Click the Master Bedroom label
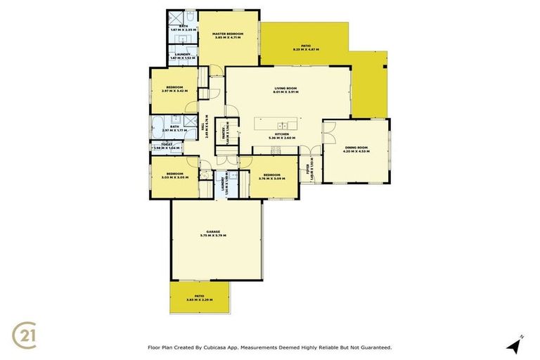click(x=229, y=34)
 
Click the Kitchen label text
click(x=281, y=134)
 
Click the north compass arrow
click(x=515, y=345)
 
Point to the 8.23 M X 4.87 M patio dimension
click(x=306, y=49)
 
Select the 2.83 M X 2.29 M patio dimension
click(x=200, y=300)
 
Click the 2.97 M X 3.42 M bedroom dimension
click(x=172, y=91)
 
